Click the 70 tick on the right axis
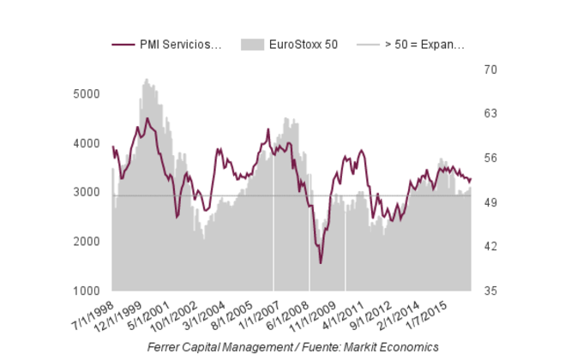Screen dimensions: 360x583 click(490, 69)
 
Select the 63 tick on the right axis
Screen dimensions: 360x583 click(490, 114)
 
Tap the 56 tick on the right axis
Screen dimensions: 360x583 click(490, 159)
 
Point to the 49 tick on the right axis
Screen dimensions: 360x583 click(490, 203)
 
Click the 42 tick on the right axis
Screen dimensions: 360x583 click(490, 247)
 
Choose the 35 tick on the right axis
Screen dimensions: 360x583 click(490, 291)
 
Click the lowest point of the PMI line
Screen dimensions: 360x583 click(321, 263)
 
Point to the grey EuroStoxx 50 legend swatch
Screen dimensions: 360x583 click(254, 44)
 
